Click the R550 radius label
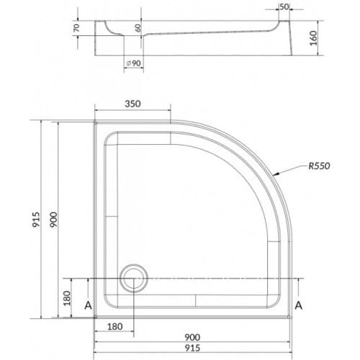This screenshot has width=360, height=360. (319, 166)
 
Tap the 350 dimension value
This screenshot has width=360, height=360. (132, 104)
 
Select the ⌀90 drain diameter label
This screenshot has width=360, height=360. (133, 63)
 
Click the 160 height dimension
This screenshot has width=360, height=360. (313, 38)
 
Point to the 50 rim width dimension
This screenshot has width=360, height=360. (284, 6)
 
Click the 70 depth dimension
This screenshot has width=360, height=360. (76, 28)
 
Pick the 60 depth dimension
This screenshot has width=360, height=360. (138, 28)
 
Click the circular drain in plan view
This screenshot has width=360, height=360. (134, 279)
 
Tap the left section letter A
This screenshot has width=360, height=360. (89, 305)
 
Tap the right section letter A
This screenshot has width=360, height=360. (299, 305)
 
